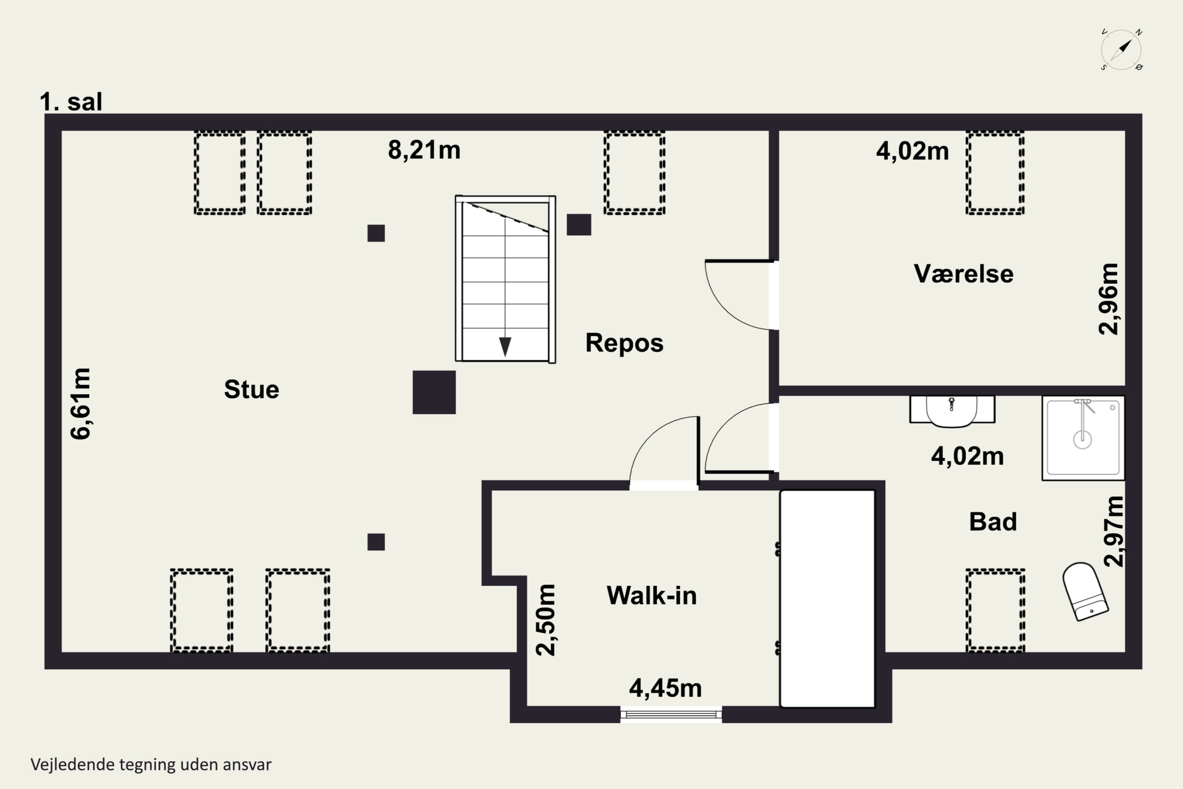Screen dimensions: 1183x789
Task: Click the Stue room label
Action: (x=252, y=389)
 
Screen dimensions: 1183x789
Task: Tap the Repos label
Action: (x=624, y=343)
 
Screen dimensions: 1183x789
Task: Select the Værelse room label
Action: (x=963, y=274)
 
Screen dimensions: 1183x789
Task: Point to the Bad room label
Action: (x=993, y=522)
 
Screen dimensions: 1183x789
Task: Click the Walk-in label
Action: (x=651, y=596)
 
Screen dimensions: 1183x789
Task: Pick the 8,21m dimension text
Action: (x=424, y=150)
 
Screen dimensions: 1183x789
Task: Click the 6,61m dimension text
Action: (x=80, y=404)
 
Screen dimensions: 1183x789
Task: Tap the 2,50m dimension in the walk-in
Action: (x=545, y=620)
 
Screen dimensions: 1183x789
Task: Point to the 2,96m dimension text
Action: (x=1108, y=299)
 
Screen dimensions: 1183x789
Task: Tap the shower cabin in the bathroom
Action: (x=1083, y=438)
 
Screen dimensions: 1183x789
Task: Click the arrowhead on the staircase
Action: (x=505, y=347)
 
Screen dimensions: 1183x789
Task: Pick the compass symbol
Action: (x=1121, y=50)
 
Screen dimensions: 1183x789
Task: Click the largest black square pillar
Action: (x=434, y=393)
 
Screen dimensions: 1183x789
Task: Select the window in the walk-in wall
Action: (x=671, y=714)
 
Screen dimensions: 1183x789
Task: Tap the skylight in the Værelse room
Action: (x=995, y=173)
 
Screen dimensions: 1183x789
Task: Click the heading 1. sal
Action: (x=71, y=102)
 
